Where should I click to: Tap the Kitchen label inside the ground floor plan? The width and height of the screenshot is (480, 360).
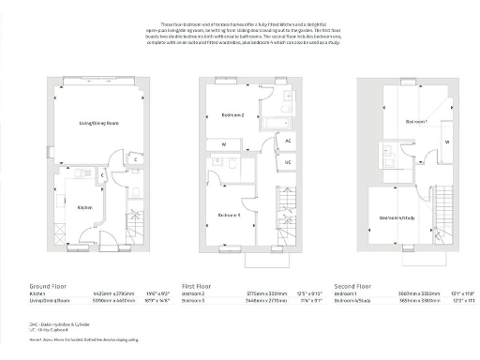tap(83, 207)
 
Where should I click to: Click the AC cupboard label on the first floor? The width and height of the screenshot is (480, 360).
tap(287, 141)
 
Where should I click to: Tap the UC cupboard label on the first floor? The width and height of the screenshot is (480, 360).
tap(287, 162)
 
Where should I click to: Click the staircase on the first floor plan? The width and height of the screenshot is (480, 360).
tap(285, 213)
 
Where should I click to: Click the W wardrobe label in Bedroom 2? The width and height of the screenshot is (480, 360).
tap(223, 144)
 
